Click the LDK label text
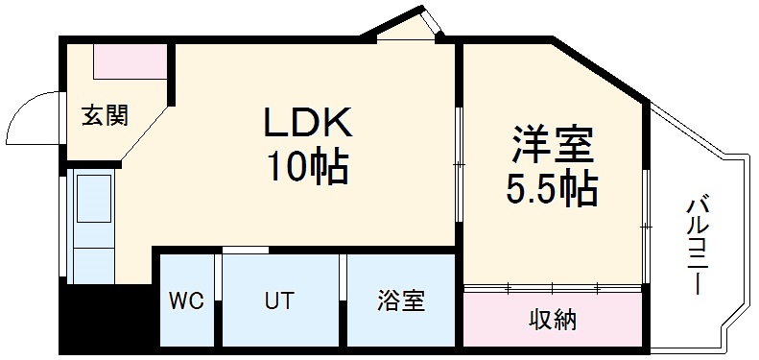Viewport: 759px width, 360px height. point(309,123)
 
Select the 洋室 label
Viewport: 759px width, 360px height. point(552,146)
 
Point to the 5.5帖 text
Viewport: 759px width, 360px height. point(552,189)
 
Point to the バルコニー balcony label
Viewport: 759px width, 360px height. point(698,244)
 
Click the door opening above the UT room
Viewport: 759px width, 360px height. point(245,251)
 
